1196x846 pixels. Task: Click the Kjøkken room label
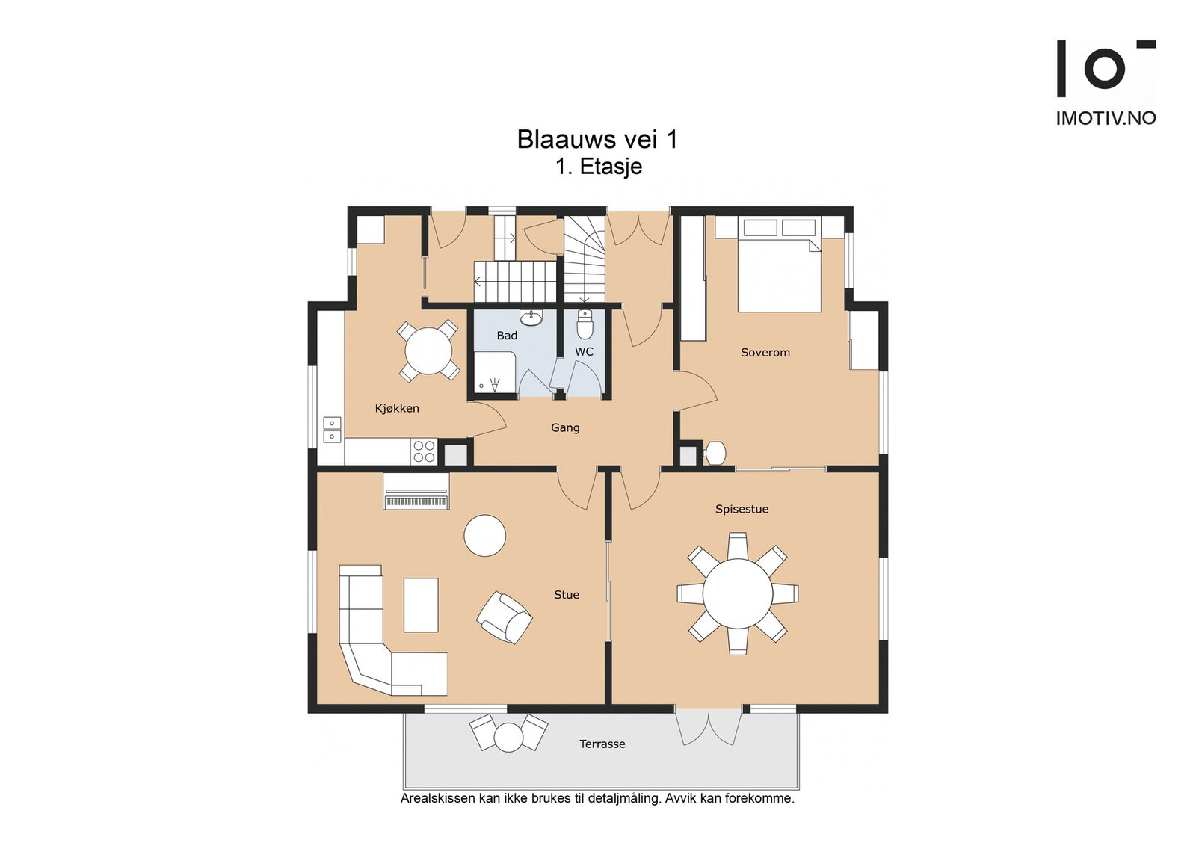click(x=397, y=408)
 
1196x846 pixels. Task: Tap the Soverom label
click(x=765, y=352)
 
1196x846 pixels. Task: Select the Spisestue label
click(x=742, y=509)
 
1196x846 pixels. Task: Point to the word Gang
click(x=565, y=427)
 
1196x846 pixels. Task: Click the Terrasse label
click(x=602, y=744)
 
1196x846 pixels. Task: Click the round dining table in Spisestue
click(x=737, y=593)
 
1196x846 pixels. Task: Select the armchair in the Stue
click(x=504, y=617)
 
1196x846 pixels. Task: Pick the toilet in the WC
click(x=585, y=324)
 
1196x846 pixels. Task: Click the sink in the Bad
click(x=531, y=318)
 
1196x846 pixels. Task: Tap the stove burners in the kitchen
click(x=424, y=451)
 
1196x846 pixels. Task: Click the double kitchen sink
click(x=332, y=430)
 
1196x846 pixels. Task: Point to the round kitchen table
click(x=428, y=351)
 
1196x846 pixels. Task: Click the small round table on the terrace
click(x=508, y=737)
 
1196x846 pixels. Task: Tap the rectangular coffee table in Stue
click(x=421, y=605)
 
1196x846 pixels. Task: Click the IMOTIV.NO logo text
click(x=1106, y=118)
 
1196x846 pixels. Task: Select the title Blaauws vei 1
click(x=597, y=139)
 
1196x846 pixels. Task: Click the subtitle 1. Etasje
click(x=599, y=167)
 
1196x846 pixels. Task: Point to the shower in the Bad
click(x=494, y=373)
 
